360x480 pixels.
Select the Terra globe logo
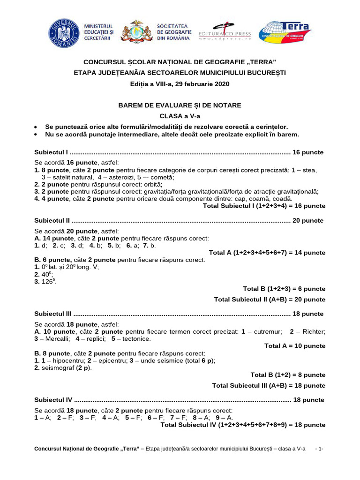285,32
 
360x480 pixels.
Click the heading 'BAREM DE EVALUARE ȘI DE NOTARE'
180,105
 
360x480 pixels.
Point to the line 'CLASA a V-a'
180,116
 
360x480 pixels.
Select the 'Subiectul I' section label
52,152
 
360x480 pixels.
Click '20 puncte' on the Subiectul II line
307,220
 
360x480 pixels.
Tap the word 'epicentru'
118,360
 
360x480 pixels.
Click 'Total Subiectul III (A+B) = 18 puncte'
268,385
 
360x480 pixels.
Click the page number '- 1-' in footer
318,449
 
